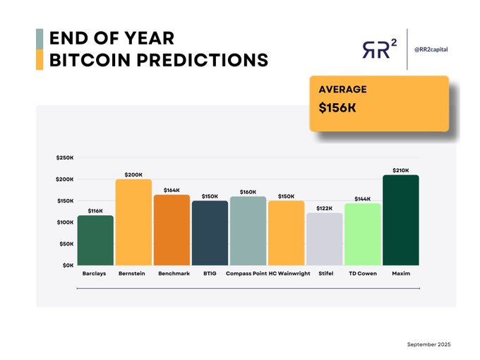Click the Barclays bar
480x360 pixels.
click(x=95, y=241)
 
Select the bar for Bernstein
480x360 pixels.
click(x=133, y=222)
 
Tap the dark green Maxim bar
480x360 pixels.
click(x=401, y=220)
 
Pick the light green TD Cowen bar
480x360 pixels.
click(x=362, y=234)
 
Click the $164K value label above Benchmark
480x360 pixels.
click(x=172, y=190)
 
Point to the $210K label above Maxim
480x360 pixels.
click(x=401, y=170)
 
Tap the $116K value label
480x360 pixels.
click(x=95, y=211)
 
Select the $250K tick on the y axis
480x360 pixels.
click(x=64, y=157)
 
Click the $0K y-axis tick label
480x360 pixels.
click(x=66, y=265)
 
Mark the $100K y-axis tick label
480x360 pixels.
click(x=64, y=222)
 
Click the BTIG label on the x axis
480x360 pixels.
click(x=210, y=273)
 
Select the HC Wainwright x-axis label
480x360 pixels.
click(x=289, y=273)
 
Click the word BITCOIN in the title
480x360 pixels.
click(x=92, y=60)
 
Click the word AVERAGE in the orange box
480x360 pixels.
click(x=342, y=90)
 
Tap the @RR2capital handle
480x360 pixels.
click(x=431, y=49)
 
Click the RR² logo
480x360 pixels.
click(x=379, y=49)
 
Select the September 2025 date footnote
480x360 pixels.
click(x=428, y=344)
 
